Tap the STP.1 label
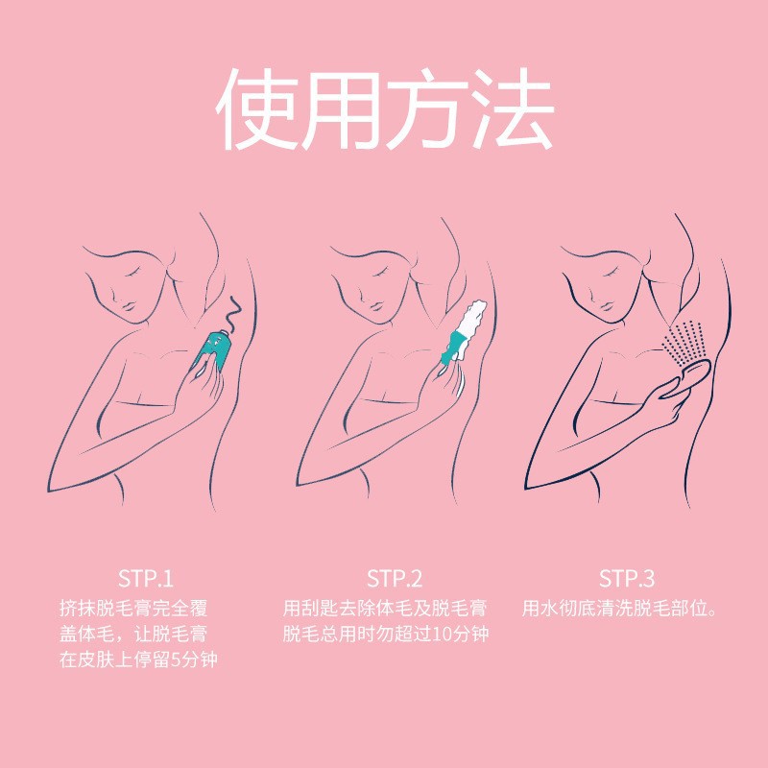(x=146, y=579)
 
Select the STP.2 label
(x=394, y=579)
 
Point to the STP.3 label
(x=626, y=579)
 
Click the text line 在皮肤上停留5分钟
(x=146, y=660)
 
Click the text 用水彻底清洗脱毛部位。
(x=621, y=608)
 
